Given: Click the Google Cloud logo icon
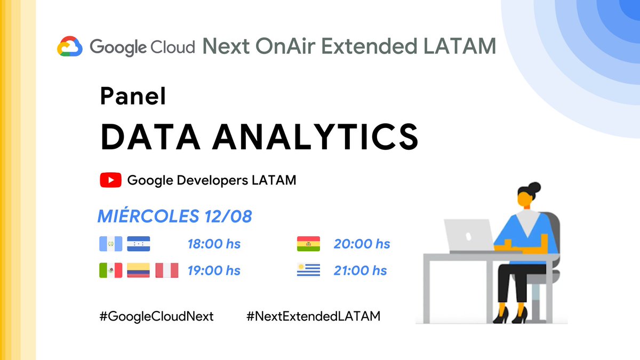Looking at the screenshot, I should point(70,46).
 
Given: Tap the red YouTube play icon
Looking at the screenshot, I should point(110,180).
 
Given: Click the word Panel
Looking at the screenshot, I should point(133,96).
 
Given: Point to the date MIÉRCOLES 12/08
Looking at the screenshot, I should point(174,217).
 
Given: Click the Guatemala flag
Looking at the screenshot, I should point(110,244).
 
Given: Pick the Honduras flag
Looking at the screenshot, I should point(139,244).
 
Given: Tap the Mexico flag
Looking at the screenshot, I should point(110,270).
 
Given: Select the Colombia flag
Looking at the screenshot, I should point(139,270).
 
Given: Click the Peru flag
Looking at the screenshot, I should point(166,270).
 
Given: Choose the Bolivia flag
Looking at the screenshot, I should point(308,244).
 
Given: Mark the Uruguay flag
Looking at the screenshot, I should point(308,270).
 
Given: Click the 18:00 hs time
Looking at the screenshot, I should point(214,244).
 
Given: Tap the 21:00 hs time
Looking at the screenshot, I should point(361,271).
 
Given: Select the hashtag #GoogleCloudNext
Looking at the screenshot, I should point(156,316).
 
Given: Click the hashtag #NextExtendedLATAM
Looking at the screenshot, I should point(314,316).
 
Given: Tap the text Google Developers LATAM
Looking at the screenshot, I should point(211,180).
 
